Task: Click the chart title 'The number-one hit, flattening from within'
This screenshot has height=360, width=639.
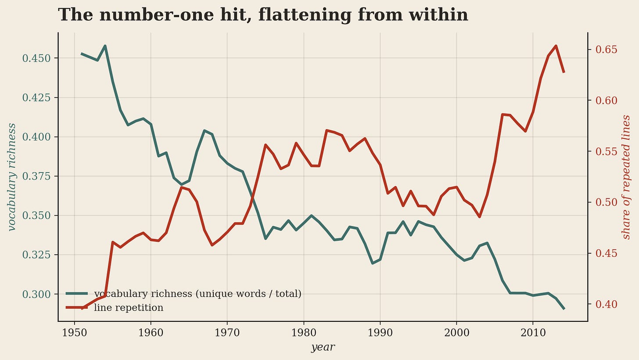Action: point(263,15)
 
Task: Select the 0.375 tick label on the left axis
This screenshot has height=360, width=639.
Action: point(36,176)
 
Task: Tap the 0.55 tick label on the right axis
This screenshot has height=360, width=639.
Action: point(606,151)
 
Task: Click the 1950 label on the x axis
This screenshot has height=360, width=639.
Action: point(75,333)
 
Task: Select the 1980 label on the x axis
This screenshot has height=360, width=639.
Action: point(304,333)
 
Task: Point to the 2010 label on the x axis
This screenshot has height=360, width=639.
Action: point(533,333)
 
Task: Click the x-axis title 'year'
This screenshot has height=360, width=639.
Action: point(323,347)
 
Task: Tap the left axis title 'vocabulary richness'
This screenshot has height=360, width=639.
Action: point(11,177)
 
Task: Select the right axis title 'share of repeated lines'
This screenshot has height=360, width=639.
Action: point(626,177)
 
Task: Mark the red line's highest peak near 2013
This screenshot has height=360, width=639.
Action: point(556,46)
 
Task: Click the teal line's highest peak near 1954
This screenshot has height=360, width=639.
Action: point(105,46)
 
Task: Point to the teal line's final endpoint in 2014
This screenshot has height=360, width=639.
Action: point(564,309)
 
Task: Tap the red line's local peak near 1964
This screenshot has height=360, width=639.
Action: point(181,187)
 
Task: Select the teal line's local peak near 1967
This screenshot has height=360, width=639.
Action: point(204,131)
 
